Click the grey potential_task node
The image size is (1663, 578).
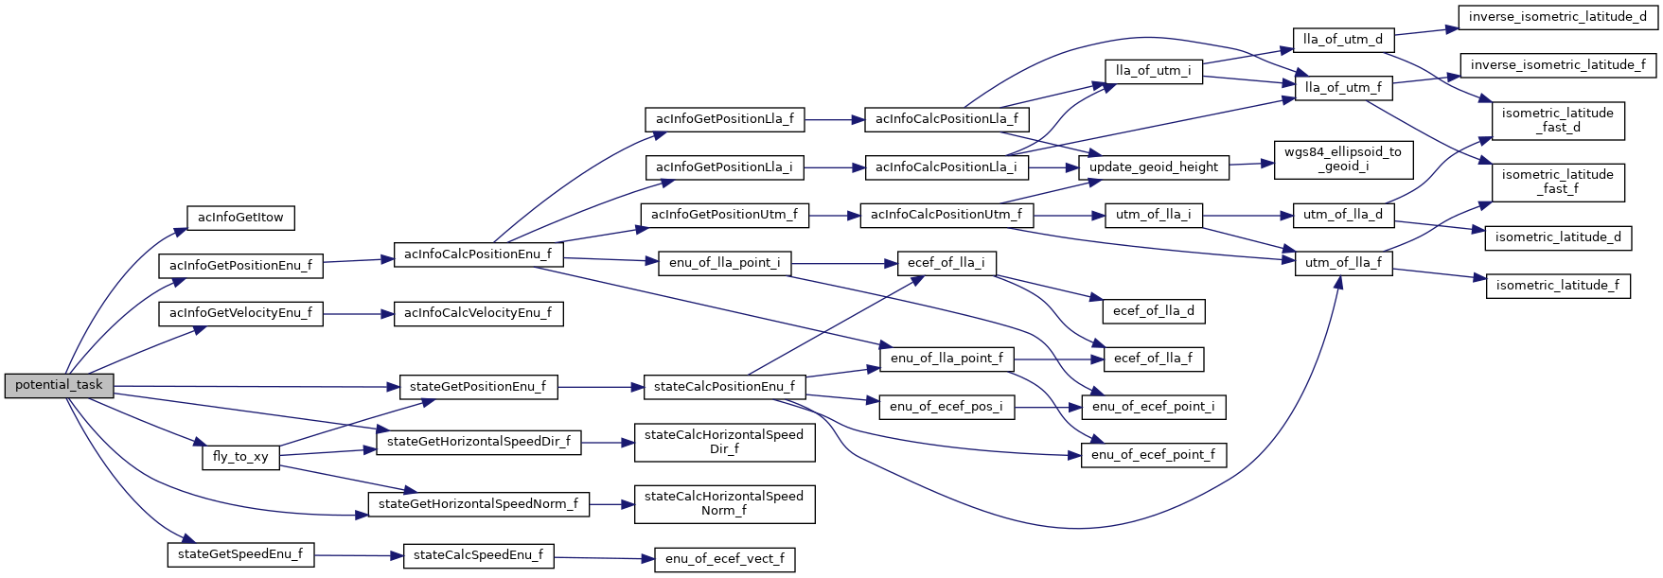(59, 386)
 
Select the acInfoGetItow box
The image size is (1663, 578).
(240, 218)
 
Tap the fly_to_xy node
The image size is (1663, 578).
(240, 457)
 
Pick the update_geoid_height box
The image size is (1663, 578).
(1154, 167)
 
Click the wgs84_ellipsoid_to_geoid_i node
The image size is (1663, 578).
(1343, 159)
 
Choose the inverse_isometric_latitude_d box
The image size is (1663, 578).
(1558, 17)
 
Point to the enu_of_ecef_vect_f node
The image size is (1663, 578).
(725, 559)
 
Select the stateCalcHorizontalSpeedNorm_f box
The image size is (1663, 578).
(724, 503)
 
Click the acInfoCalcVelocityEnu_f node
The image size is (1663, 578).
(478, 313)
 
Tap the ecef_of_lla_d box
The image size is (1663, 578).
(1154, 311)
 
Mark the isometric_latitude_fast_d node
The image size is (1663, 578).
(1558, 120)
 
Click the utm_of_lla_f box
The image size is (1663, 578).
(1343, 263)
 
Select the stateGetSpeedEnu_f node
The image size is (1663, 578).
(240, 554)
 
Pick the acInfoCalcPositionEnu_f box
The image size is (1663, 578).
(478, 254)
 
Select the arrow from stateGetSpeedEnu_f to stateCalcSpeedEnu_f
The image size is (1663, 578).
(359, 555)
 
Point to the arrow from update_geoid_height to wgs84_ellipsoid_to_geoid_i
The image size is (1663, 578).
(1251, 165)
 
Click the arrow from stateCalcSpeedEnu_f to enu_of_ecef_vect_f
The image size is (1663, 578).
(604, 558)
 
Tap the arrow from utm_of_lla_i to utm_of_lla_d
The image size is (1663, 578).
(1247, 216)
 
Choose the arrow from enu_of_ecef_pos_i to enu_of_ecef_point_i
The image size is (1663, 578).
(1048, 407)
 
